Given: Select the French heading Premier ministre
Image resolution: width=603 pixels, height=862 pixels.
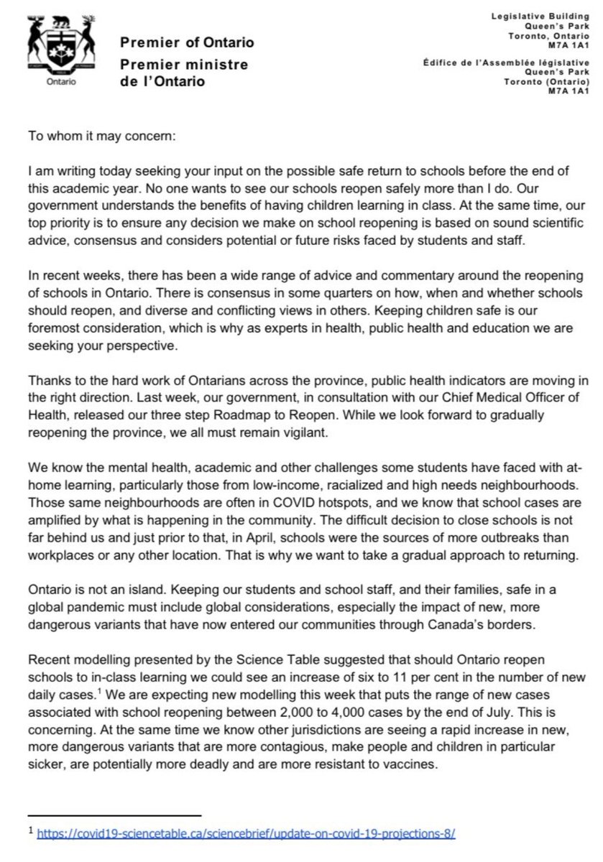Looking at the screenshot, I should [185, 65].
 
